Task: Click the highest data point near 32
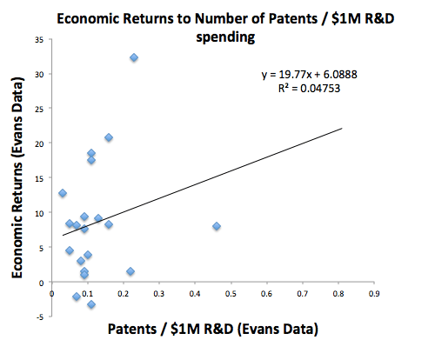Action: pyautogui.click(x=134, y=57)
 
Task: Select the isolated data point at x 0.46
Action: pyautogui.click(x=217, y=226)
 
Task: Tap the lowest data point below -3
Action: pyautogui.click(x=91, y=304)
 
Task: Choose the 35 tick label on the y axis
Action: pyautogui.click(x=39, y=40)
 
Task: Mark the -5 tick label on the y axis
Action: pyautogui.click(x=40, y=317)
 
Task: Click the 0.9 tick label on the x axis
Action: pyautogui.click(x=374, y=294)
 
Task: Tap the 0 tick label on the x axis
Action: pyautogui.click(x=52, y=294)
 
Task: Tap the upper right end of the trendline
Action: pyautogui.click(x=342, y=129)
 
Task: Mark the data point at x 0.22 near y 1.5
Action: pyautogui.click(x=130, y=271)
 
